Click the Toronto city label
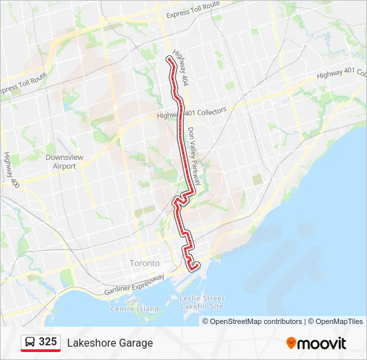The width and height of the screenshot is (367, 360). [145, 263]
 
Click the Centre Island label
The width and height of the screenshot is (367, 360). [135, 309]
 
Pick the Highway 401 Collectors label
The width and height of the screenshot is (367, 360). [192, 113]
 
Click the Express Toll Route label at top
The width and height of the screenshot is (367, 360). [193, 9]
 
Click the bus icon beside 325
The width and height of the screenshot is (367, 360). [30, 343]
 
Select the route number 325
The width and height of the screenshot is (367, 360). [47, 342]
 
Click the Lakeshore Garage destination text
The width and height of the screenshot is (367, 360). [109, 343]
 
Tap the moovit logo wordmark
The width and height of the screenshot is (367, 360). [322, 343]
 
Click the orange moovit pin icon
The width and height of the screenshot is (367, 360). [291, 343]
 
